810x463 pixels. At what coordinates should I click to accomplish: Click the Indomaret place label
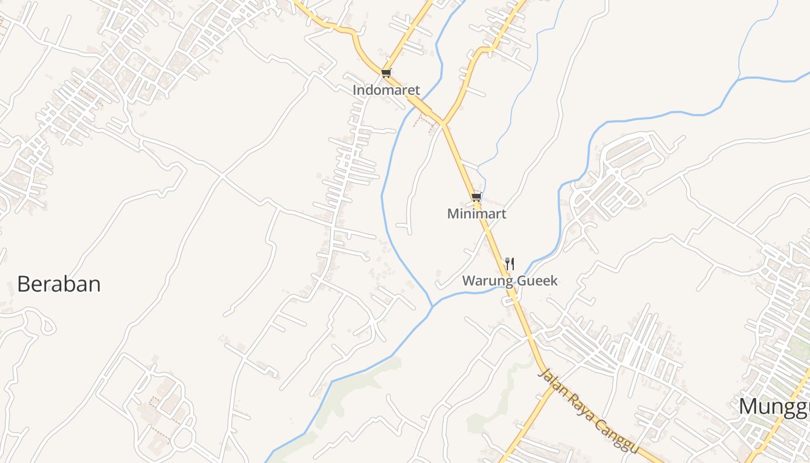(386, 90)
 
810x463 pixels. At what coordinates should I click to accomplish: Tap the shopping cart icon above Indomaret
(386, 74)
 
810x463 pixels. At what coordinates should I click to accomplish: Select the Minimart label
(477, 214)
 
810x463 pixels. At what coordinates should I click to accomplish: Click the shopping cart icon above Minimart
(476, 197)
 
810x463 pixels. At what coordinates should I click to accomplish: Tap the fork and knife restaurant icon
(509, 264)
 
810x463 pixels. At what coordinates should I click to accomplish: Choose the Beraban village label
(59, 284)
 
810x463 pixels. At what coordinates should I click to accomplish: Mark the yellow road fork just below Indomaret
(443, 123)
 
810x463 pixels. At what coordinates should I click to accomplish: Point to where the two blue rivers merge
(432, 306)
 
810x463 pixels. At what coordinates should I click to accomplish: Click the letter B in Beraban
(23, 284)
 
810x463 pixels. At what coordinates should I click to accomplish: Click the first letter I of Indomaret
(355, 90)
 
